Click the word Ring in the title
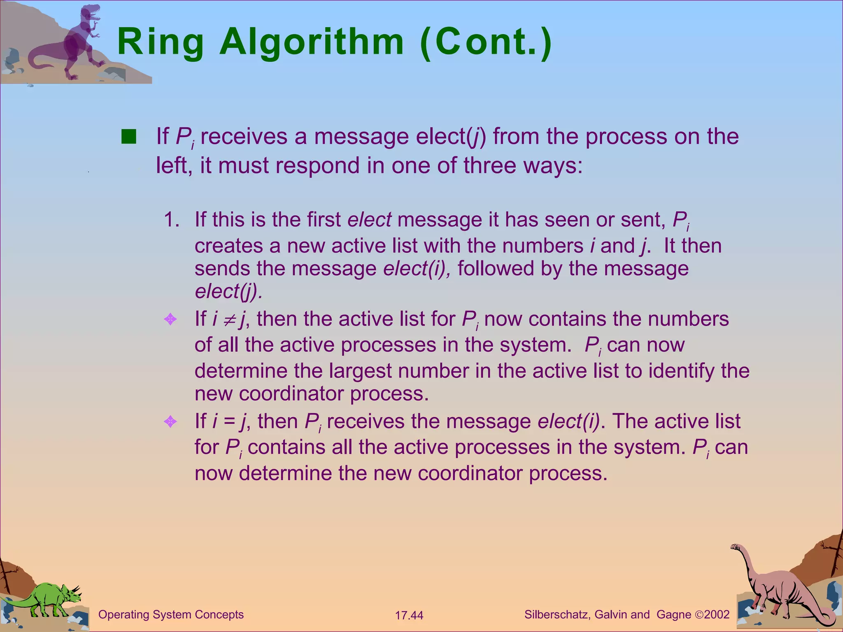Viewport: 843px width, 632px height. tap(161, 42)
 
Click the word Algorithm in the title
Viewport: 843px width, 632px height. tap(312, 42)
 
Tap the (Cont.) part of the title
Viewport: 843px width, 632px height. tap(486, 42)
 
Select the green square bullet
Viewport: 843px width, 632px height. tap(128, 137)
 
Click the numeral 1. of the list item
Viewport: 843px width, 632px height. tap(171, 220)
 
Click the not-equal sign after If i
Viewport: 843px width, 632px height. tap(229, 320)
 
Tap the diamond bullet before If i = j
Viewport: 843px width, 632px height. tap(170, 421)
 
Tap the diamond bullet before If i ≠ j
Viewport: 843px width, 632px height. tap(170, 319)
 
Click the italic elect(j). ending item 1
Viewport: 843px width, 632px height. tap(228, 291)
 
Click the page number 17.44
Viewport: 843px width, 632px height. tap(409, 616)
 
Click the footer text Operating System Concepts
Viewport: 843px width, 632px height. tap(171, 615)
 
